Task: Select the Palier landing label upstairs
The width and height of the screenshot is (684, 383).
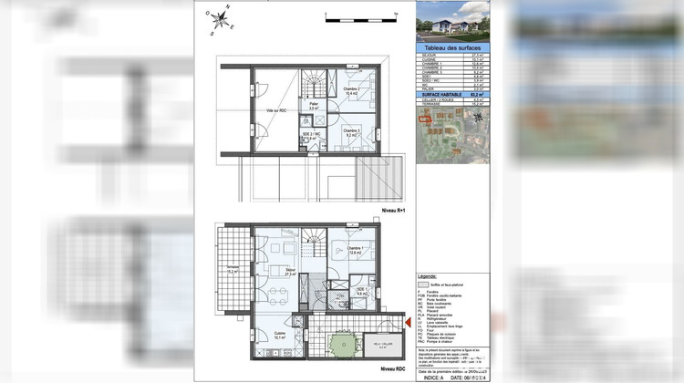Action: click(x=313, y=106)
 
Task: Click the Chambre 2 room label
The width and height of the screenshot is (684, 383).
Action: click(x=350, y=90)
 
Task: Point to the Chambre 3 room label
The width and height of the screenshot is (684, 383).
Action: click(x=350, y=132)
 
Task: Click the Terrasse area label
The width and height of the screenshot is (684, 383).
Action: click(x=233, y=271)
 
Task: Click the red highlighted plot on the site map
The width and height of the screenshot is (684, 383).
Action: click(x=423, y=118)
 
